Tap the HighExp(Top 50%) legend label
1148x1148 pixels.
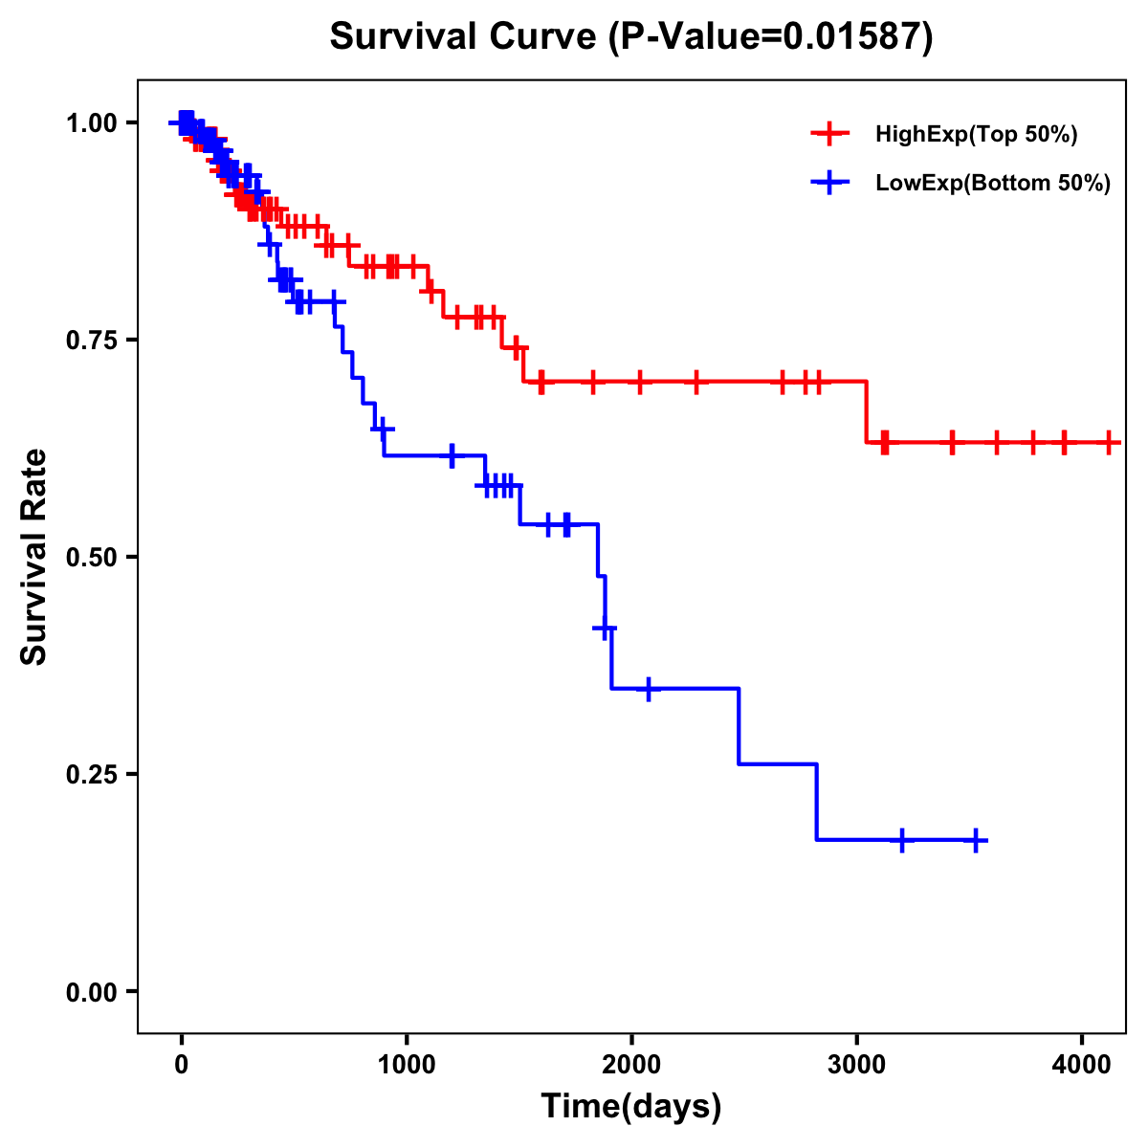[976, 135]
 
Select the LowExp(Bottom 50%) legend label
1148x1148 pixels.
[992, 183]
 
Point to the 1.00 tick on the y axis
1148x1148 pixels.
[92, 123]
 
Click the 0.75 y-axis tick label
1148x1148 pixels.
[92, 341]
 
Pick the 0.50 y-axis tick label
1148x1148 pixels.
[92, 558]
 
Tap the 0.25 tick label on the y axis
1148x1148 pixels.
[92, 775]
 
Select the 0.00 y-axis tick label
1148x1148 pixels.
[92, 992]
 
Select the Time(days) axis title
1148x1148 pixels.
[631, 1107]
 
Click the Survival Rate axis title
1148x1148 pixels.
[34, 557]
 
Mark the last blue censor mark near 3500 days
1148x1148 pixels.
[976, 840]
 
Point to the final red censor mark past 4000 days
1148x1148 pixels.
[1108, 442]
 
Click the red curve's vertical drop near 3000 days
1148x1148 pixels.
[867, 412]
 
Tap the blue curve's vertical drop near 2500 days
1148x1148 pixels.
[740, 726]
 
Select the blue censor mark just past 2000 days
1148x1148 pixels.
[649, 688]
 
